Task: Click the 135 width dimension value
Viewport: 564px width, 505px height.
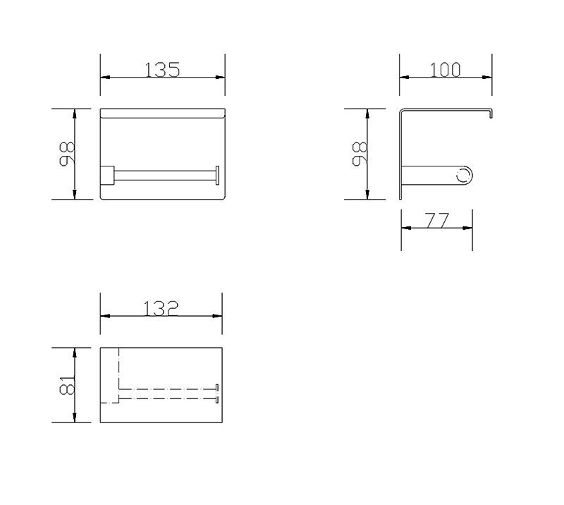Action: [162, 70]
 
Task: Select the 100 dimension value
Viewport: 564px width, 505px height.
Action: [446, 70]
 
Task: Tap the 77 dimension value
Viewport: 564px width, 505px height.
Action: [437, 220]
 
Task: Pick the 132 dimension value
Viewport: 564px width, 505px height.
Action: [161, 308]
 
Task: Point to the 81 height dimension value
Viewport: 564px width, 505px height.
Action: [67, 385]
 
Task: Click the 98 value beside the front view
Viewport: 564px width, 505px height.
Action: [67, 154]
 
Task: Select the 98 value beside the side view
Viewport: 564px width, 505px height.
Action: [360, 154]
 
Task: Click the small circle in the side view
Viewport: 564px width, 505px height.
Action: [464, 176]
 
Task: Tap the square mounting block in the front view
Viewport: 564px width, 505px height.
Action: [107, 176]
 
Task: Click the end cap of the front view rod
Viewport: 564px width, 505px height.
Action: [217, 176]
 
